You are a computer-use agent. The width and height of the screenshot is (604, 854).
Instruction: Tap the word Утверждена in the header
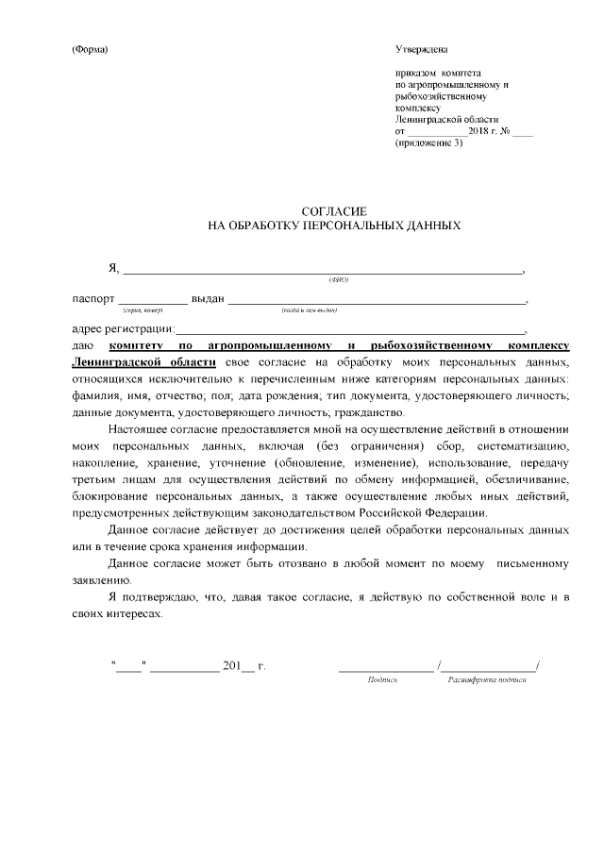[x=422, y=49]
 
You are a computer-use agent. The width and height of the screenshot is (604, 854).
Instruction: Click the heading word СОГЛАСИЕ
[x=332, y=211]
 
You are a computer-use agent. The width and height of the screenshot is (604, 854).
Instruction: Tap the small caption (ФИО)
[x=339, y=280]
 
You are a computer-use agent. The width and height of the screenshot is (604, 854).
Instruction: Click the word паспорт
[x=94, y=299]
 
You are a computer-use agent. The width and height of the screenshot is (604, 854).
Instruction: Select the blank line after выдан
[x=377, y=301]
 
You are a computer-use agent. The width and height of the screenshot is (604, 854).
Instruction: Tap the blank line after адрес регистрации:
[x=350, y=331]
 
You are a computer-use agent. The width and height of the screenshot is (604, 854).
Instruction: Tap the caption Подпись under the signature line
[x=383, y=679]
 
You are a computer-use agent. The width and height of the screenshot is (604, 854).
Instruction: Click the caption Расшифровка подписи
[x=487, y=679]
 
